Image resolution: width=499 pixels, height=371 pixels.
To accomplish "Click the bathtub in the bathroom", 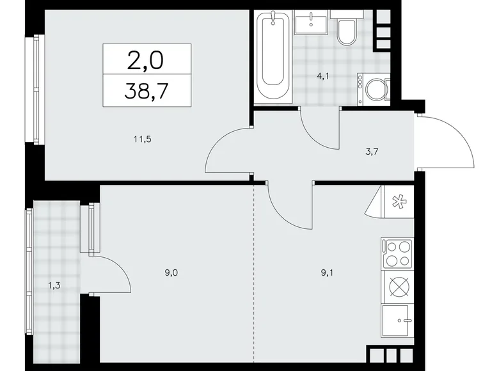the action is click(x=273, y=56).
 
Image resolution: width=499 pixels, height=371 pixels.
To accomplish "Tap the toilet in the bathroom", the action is click(x=347, y=29).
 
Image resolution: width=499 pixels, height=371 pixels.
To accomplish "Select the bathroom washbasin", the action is click(x=311, y=22).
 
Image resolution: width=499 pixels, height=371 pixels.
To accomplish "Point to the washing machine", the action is click(x=374, y=90).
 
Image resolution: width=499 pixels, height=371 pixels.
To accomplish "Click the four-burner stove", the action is click(x=397, y=253).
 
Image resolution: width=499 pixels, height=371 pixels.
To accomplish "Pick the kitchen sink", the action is click(x=397, y=320).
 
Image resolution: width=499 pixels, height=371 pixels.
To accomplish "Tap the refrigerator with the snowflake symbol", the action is click(x=397, y=201).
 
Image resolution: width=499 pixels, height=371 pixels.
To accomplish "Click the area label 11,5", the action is click(x=143, y=139).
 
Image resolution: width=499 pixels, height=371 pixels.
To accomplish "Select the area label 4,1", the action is click(x=322, y=76).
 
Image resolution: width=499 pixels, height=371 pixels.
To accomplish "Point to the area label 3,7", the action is click(x=372, y=152).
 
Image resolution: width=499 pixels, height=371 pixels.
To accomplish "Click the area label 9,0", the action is click(x=171, y=272).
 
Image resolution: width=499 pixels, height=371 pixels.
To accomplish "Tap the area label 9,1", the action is click(x=327, y=272).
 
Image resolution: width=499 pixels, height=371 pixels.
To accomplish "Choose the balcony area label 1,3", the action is click(x=54, y=286).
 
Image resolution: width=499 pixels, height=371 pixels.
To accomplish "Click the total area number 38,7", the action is click(x=147, y=91).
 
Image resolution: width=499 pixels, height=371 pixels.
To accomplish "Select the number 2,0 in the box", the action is click(x=145, y=61).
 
